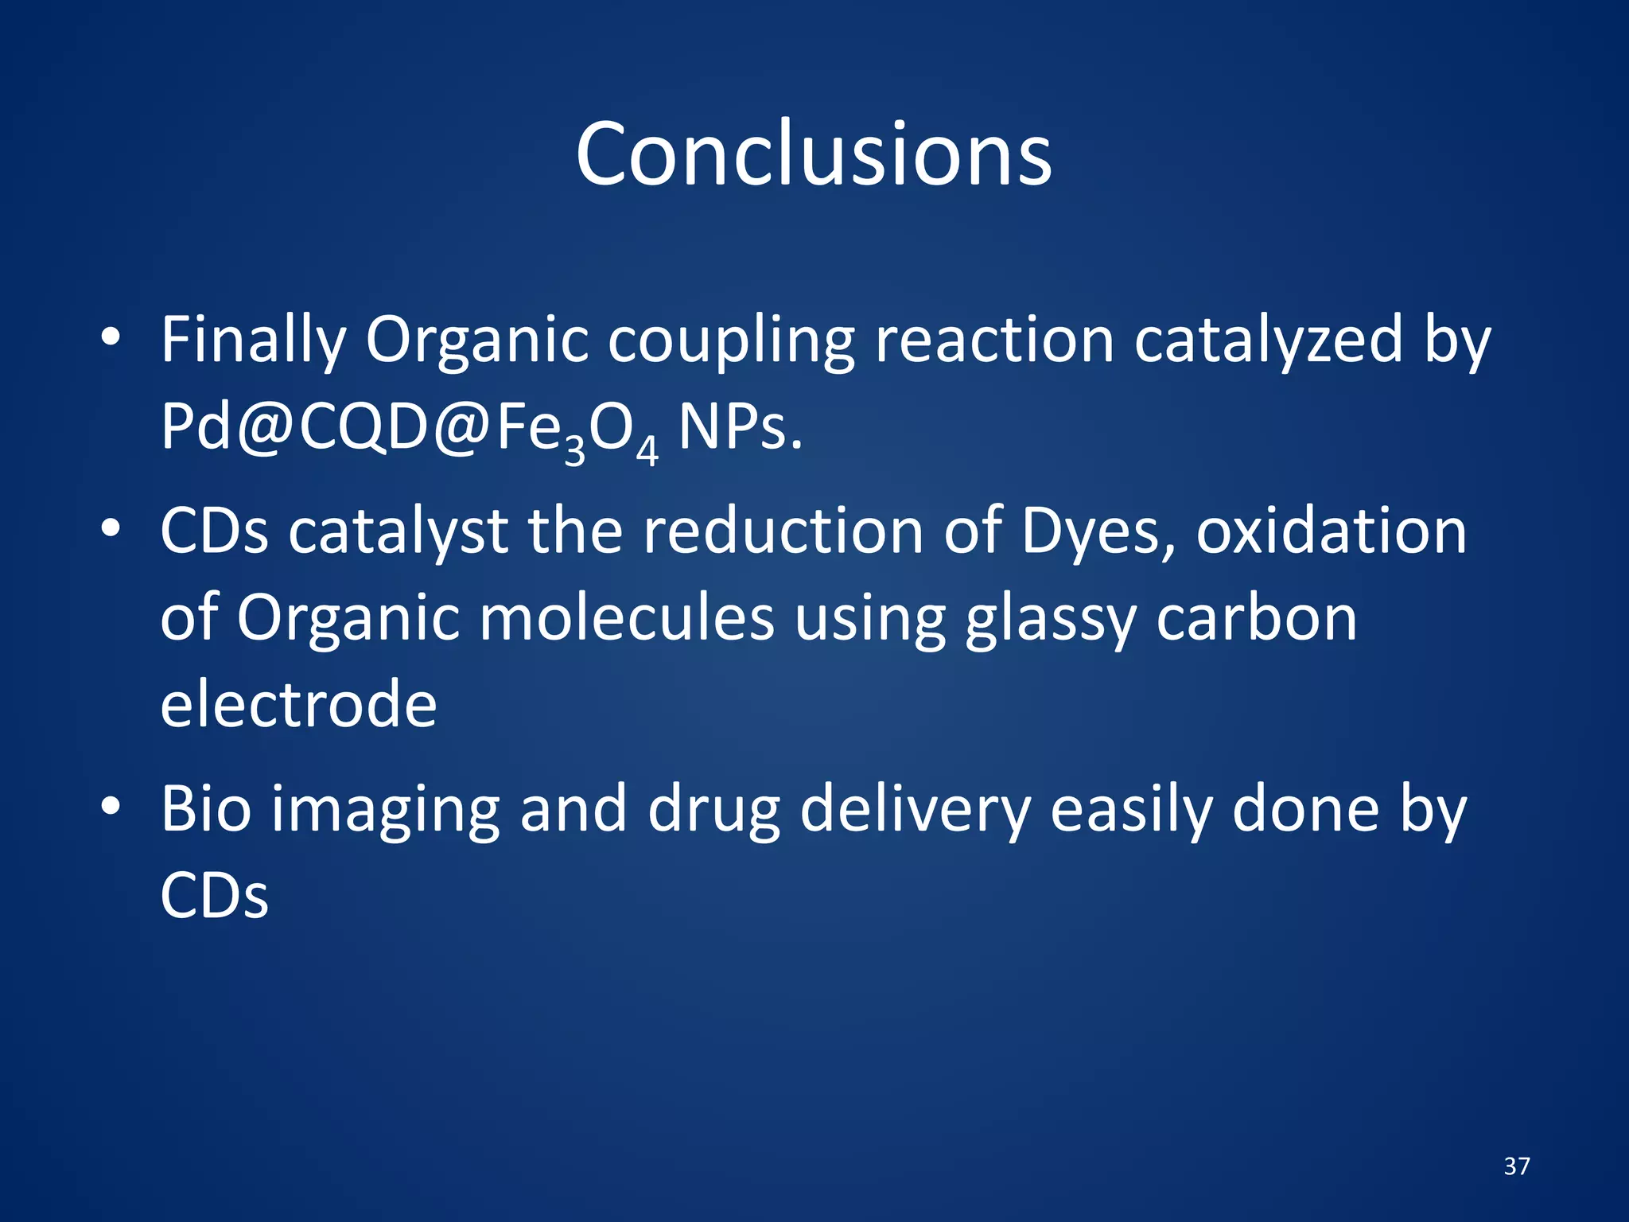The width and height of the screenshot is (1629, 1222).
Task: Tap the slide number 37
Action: click(1517, 1166)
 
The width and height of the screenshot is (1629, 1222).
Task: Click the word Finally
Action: click(253, 341)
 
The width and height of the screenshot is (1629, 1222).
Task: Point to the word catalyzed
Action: click(1268, 341)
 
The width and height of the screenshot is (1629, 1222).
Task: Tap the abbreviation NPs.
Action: click(739, 428)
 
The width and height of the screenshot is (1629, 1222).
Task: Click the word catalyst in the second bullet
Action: click(398, 531)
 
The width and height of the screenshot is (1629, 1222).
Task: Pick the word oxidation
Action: click(1331, 531)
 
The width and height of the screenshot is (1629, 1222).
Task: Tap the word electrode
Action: click(298, 704)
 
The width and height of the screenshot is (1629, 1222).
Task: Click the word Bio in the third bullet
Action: click(206, 809)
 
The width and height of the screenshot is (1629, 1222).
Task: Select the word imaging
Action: click(386, 809)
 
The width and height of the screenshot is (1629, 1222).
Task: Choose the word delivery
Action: click(915, 809)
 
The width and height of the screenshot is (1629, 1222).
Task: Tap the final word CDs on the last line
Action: click(214, 896)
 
